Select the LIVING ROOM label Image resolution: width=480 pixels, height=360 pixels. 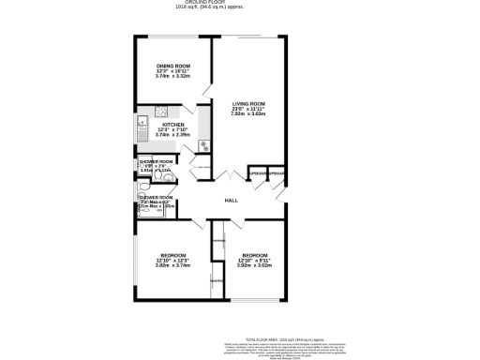point(249,104)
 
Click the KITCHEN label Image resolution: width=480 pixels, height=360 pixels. point(172,125)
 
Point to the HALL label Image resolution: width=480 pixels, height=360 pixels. point(230,202)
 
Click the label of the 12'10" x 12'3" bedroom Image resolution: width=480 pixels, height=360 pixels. point(172,255)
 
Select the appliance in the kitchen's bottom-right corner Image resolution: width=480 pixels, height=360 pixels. point(202,145)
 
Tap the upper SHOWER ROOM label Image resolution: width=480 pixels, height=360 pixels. point(157,161)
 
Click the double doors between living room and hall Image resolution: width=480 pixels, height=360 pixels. point(229,177)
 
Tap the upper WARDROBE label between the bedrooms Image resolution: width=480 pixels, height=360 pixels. point(217,242)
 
